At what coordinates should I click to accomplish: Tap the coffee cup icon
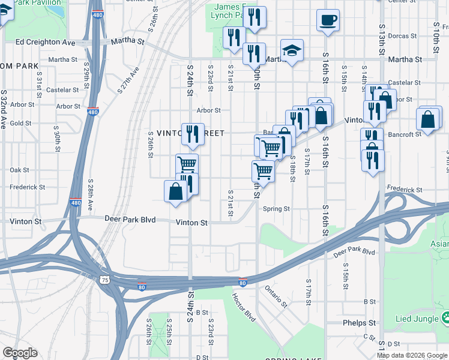pos(328,20)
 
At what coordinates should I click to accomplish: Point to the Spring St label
pos(276,209)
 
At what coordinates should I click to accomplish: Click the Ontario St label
pos(276,295)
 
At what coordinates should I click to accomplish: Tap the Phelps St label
pos(358,322)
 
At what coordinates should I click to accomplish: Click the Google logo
pos(20,353)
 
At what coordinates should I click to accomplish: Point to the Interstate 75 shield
pos(106,280)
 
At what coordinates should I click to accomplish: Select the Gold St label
pos(20,123)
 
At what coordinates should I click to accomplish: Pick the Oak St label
pos(19,170)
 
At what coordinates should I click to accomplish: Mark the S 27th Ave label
pos(128,79)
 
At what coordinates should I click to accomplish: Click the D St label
pos(393,344)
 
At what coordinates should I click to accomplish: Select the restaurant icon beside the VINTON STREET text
pos(193,133)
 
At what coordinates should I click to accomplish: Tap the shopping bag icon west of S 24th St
pos(175,192)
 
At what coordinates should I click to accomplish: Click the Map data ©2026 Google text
pos(412,355)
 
